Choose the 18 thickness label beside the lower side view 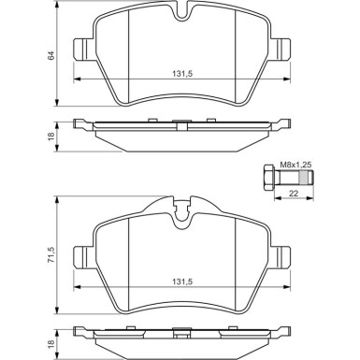tap(50, 343)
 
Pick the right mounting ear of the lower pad tap(280, 254)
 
